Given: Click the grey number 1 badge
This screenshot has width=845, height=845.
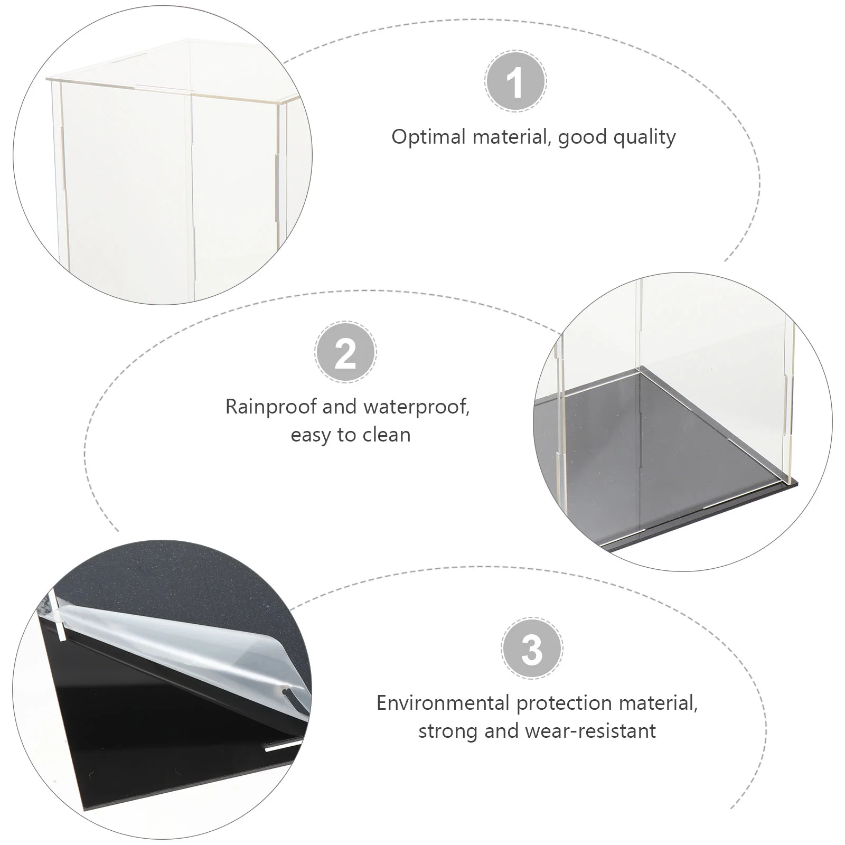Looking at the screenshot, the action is pos(515,81).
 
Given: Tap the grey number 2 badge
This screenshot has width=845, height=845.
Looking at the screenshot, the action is pos(345,352).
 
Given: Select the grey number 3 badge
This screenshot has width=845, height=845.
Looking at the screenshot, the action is pos(532,648).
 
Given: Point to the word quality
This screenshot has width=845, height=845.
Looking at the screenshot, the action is pos(645,137).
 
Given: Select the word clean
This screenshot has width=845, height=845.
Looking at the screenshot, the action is pos(387,435).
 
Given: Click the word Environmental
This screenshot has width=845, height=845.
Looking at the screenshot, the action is pos(443,703).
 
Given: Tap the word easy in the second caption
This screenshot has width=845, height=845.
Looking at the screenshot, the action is pos(311,436).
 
